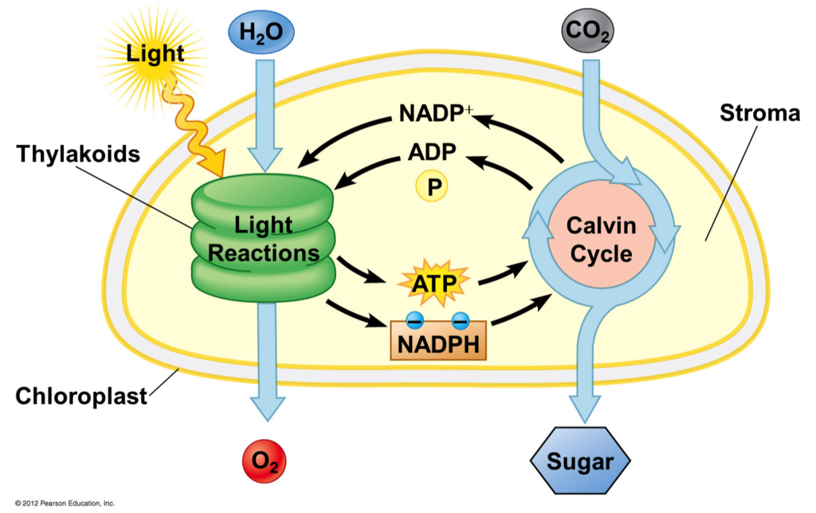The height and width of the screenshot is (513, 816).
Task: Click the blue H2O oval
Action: click(261, 32)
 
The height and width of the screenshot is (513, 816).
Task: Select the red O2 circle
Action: click(265, 461)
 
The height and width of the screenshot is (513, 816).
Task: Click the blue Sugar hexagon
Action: click(580, 460)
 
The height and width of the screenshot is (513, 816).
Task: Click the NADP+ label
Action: click(436, 113)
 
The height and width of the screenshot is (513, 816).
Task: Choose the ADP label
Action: click(432, 152)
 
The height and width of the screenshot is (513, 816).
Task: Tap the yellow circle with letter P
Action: click(432, 186)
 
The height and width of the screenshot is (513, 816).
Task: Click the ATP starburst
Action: click(434, 284)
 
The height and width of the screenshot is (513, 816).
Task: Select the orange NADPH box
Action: click(438, 341)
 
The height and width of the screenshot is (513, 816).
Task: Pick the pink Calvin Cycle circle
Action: click(602, 240)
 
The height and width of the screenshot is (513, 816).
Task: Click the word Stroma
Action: click(759, 113)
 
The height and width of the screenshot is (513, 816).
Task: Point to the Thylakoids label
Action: click(78, 154)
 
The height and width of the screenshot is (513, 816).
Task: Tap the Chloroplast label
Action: click(81, 397)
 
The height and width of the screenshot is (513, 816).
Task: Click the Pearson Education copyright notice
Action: click(65, 503)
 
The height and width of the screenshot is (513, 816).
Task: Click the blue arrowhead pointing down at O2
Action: click(268, 409)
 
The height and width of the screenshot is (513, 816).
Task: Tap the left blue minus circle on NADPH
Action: click(414, 321)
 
